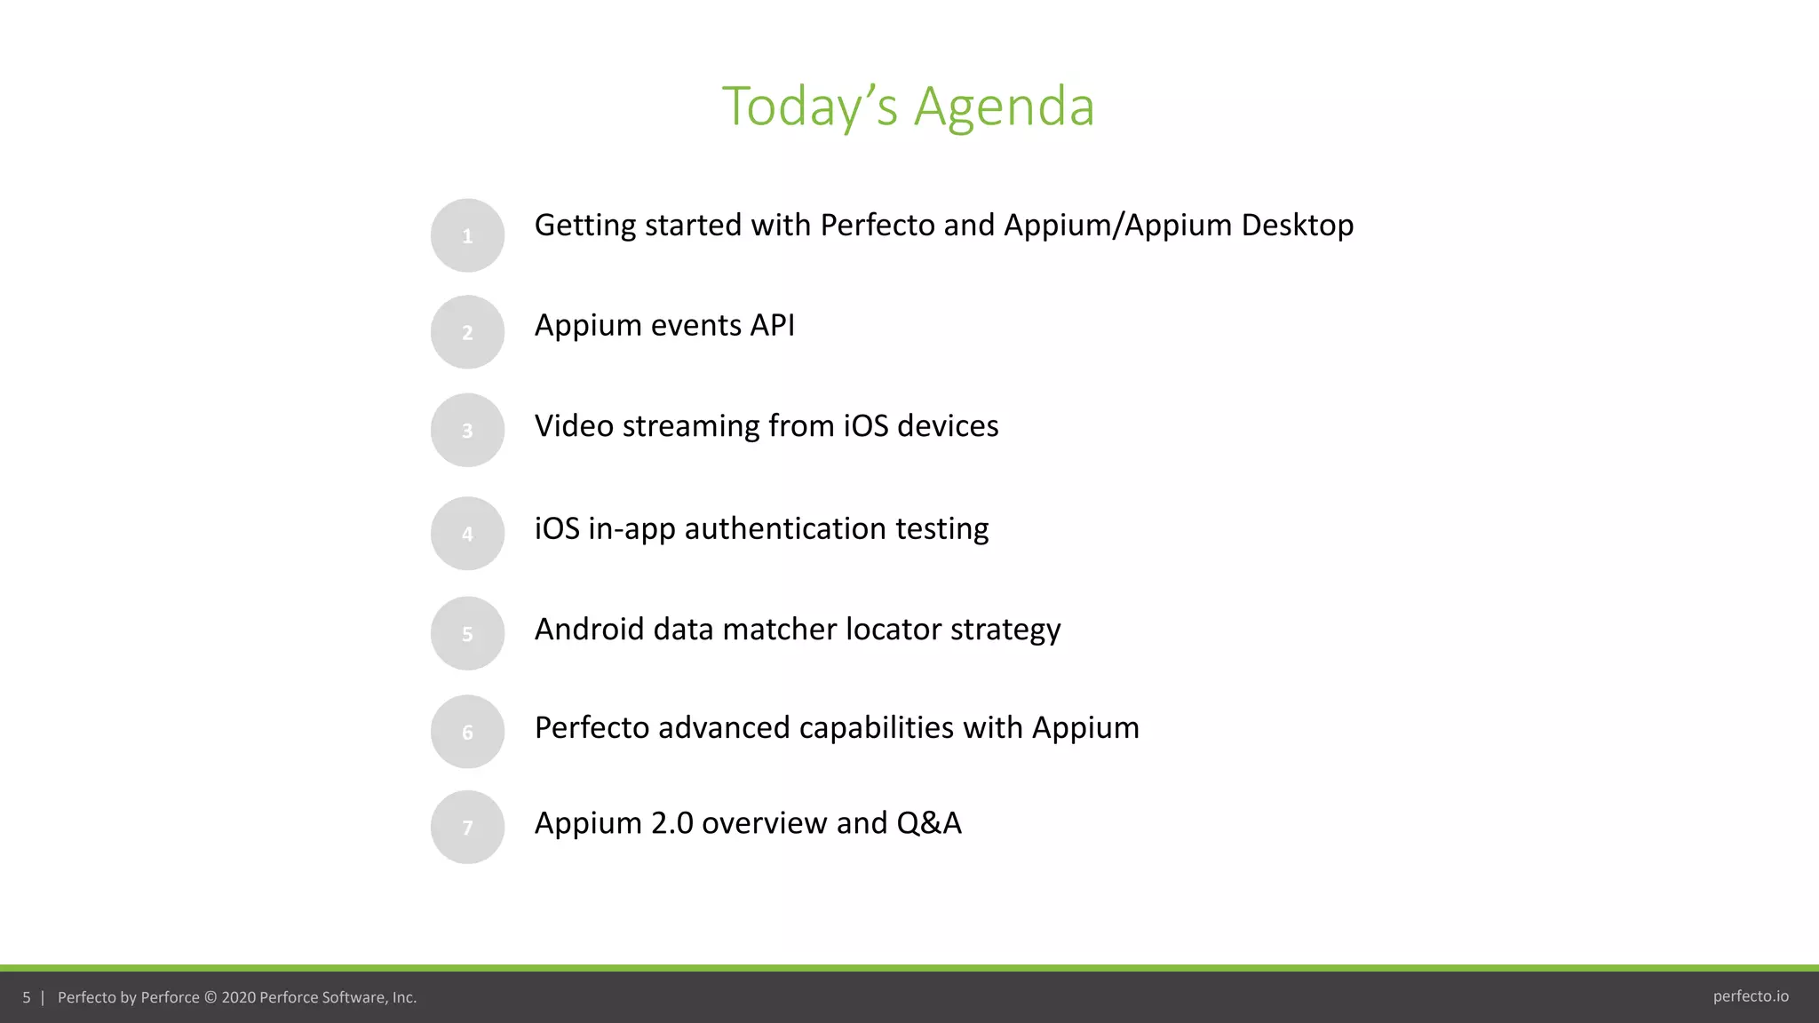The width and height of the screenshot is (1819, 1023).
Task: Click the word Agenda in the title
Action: pyautogui.click(x=1004, y=107)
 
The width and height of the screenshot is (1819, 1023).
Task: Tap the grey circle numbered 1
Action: pyautogui.click(x=467, y=235)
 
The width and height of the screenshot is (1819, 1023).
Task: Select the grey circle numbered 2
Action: pyautogui.click(x=467, y=332)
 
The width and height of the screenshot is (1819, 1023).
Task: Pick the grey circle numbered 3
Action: pyautogui.click(x=467, y=430)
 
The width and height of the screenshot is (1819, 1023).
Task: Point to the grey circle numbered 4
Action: pyautogui.click(x=467, y=533)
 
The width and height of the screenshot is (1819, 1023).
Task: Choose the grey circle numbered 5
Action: pyautogui.click(x=467, y=633)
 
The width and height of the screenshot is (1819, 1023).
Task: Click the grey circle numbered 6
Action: pyautogui.click(x=467, y=732)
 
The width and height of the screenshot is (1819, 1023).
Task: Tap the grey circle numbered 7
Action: pyautogui.click(x=467, y=827)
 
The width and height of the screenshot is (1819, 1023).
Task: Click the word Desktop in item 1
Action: pyautogui.click(x=1297, y=226)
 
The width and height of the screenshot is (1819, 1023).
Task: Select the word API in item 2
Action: pyautogui.click(x=772, y=326)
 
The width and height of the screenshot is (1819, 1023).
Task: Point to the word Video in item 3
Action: pyautogui.click(x=574, y=426)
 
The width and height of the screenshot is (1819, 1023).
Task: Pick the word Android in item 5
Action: pyautogui.click(x=589, y=630)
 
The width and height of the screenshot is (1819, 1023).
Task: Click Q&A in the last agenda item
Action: pyautogui.click(x=928, y=823)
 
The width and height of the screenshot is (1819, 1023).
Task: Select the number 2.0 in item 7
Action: pyautogui.click(x=671, y=823)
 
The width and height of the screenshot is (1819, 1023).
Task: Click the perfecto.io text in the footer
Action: pyautogui.click(x=1751, y=996)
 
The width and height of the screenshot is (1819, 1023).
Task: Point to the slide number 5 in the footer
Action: pyautogui.click(x=27, y=997)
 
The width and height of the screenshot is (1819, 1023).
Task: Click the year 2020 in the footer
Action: pyautogui.click(x=238, y=997)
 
